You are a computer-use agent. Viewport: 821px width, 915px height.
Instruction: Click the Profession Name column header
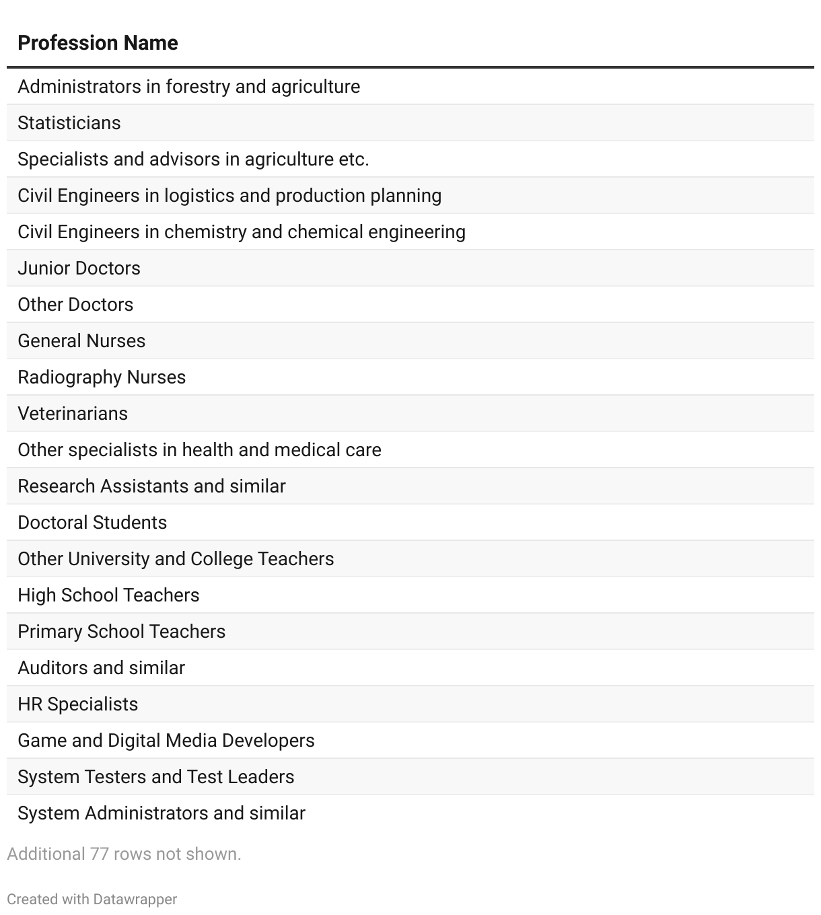pos(98,43)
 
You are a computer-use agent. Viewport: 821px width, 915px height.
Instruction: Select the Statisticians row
pos(69,123)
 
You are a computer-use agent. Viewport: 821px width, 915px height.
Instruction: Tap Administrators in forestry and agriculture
pos(188,87)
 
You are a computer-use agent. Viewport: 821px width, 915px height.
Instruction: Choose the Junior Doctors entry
pos(79,268)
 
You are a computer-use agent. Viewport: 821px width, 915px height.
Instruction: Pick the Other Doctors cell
pos(75,305)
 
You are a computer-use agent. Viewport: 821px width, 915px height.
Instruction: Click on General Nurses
pos(81,341)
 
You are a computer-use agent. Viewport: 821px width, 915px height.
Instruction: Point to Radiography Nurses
pos(102,377)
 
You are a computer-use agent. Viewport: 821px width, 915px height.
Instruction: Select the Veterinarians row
pos(73,414)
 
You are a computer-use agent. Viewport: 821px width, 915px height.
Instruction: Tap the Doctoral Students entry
pos(92,523)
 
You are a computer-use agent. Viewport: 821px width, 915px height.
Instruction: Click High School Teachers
pos(108,595)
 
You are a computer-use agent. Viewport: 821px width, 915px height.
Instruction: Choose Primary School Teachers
pos(121,632)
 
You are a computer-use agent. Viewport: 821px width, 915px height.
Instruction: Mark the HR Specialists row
pos(77,704)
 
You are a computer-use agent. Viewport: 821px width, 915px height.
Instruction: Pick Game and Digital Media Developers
pos(166,741)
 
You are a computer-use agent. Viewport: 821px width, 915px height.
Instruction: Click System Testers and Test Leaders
pos(155,777)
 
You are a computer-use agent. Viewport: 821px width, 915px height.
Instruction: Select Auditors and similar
pos(101,668)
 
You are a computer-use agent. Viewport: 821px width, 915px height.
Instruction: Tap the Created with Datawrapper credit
pos(92,900)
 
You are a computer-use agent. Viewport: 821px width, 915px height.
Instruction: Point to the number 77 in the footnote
pos(100,854)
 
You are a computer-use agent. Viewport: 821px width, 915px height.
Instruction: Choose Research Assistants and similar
pos(151,486)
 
